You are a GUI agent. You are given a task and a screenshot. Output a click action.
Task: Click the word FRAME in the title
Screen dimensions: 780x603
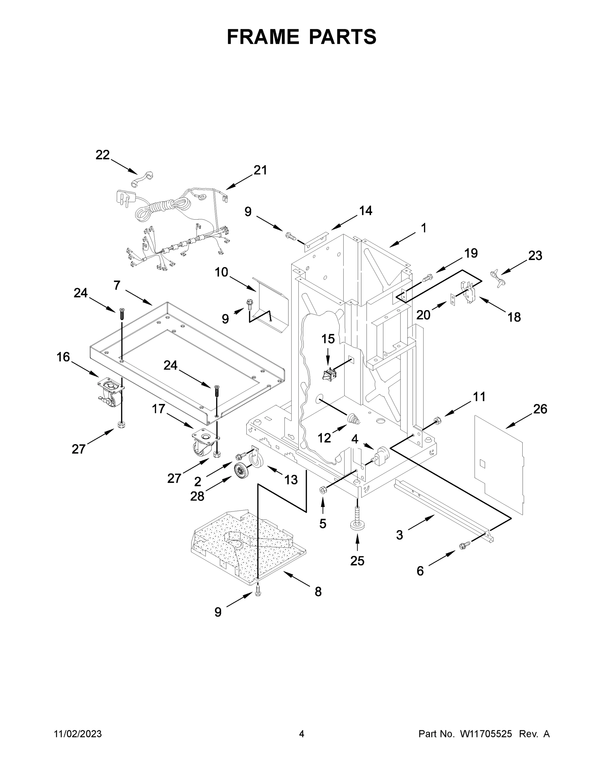[x=263, y=37]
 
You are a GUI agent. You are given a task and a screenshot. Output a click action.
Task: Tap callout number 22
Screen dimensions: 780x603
[x=102, y=155]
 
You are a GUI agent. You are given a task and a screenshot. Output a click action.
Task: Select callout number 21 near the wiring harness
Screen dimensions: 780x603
[x=260, y=170]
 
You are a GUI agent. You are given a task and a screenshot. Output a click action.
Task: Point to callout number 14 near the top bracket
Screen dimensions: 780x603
[x=365, y=211]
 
